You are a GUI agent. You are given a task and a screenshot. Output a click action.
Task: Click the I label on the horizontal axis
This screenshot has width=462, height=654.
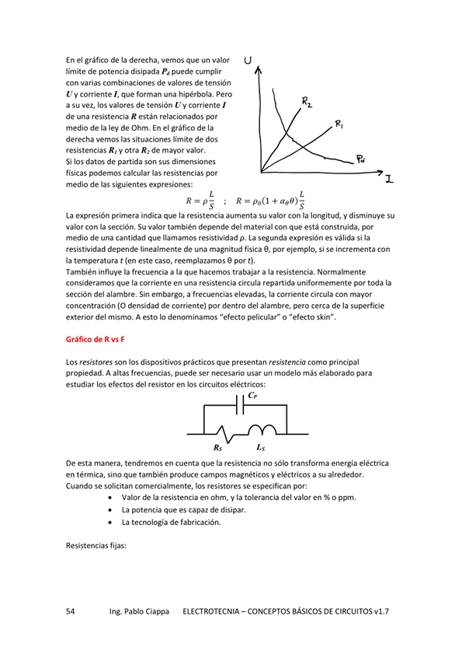coord(388,178)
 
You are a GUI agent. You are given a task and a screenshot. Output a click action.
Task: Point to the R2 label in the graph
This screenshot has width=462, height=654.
coord(307,101)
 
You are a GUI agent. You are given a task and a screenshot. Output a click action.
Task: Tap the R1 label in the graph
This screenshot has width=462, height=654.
coord(340,124)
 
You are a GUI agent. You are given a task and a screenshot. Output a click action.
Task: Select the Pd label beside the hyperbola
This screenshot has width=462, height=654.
coord(362,159)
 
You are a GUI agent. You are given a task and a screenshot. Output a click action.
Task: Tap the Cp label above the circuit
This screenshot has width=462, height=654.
coord(252,395)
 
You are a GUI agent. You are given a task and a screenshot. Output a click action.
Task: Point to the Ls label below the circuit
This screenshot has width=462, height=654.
coord(261,448)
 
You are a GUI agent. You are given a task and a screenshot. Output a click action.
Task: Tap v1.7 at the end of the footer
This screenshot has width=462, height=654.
coord(380,612)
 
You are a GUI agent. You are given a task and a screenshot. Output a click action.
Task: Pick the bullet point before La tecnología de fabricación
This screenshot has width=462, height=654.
coord(113,522)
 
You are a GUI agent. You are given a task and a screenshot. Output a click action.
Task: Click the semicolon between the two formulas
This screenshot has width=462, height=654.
coord(224,201)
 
